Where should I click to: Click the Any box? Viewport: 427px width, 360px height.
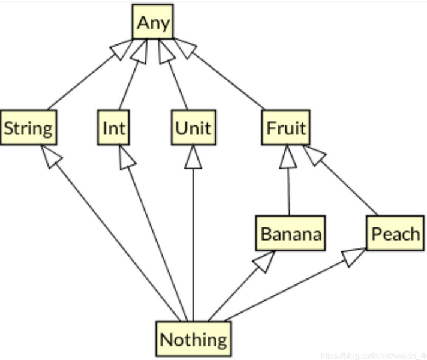click(x=153, y=23)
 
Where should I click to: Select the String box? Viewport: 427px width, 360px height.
click(x=28, y=128)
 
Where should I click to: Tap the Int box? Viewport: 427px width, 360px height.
click(x=113, y=128)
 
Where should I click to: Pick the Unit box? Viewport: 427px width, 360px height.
click(x=193, y=128)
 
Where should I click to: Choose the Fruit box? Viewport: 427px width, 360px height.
click(x=285, y=128)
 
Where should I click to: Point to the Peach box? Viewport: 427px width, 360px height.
click(x=395, y=233)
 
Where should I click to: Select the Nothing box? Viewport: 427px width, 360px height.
click(x=193, y=339)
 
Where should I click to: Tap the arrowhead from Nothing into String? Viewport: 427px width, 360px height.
click(x=52, y=157)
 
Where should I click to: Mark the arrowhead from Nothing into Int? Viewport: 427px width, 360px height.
click(x=126, y=157)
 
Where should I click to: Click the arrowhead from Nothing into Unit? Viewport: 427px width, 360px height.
click(x=193, y=158)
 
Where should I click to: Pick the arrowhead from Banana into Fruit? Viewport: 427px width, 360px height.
click(x=288, y=158)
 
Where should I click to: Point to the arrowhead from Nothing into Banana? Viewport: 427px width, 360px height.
click(x=264, y=261)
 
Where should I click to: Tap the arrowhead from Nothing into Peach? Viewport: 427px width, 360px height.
click(x=354, y=256)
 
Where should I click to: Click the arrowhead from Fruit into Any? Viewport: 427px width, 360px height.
click(x=185, y=48)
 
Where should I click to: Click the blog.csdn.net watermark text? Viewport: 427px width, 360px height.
click(x=372, y=355)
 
